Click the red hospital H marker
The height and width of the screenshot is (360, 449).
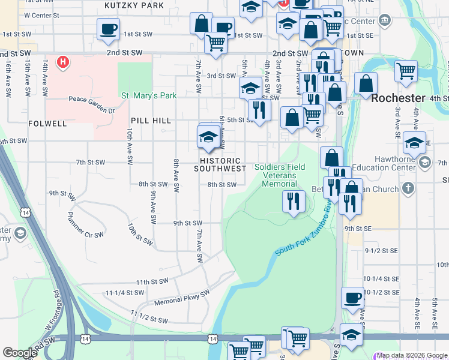click(63, 62)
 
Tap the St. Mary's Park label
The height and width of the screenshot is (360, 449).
click(149, 95)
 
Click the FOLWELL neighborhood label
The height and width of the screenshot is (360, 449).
click(47, 124)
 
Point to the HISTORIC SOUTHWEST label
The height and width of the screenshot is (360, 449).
click(220, 165)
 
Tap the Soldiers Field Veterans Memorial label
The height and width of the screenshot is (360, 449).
click(279, 175)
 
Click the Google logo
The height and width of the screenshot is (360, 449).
click(20, 353)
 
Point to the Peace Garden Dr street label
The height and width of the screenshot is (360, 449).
click(91, 100)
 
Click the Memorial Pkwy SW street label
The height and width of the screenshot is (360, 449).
click(181, 298)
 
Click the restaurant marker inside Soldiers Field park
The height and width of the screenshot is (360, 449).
click(292, 202)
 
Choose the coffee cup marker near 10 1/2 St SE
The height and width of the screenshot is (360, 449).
click(352, 298)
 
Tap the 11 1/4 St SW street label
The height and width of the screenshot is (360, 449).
click(125, 293)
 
